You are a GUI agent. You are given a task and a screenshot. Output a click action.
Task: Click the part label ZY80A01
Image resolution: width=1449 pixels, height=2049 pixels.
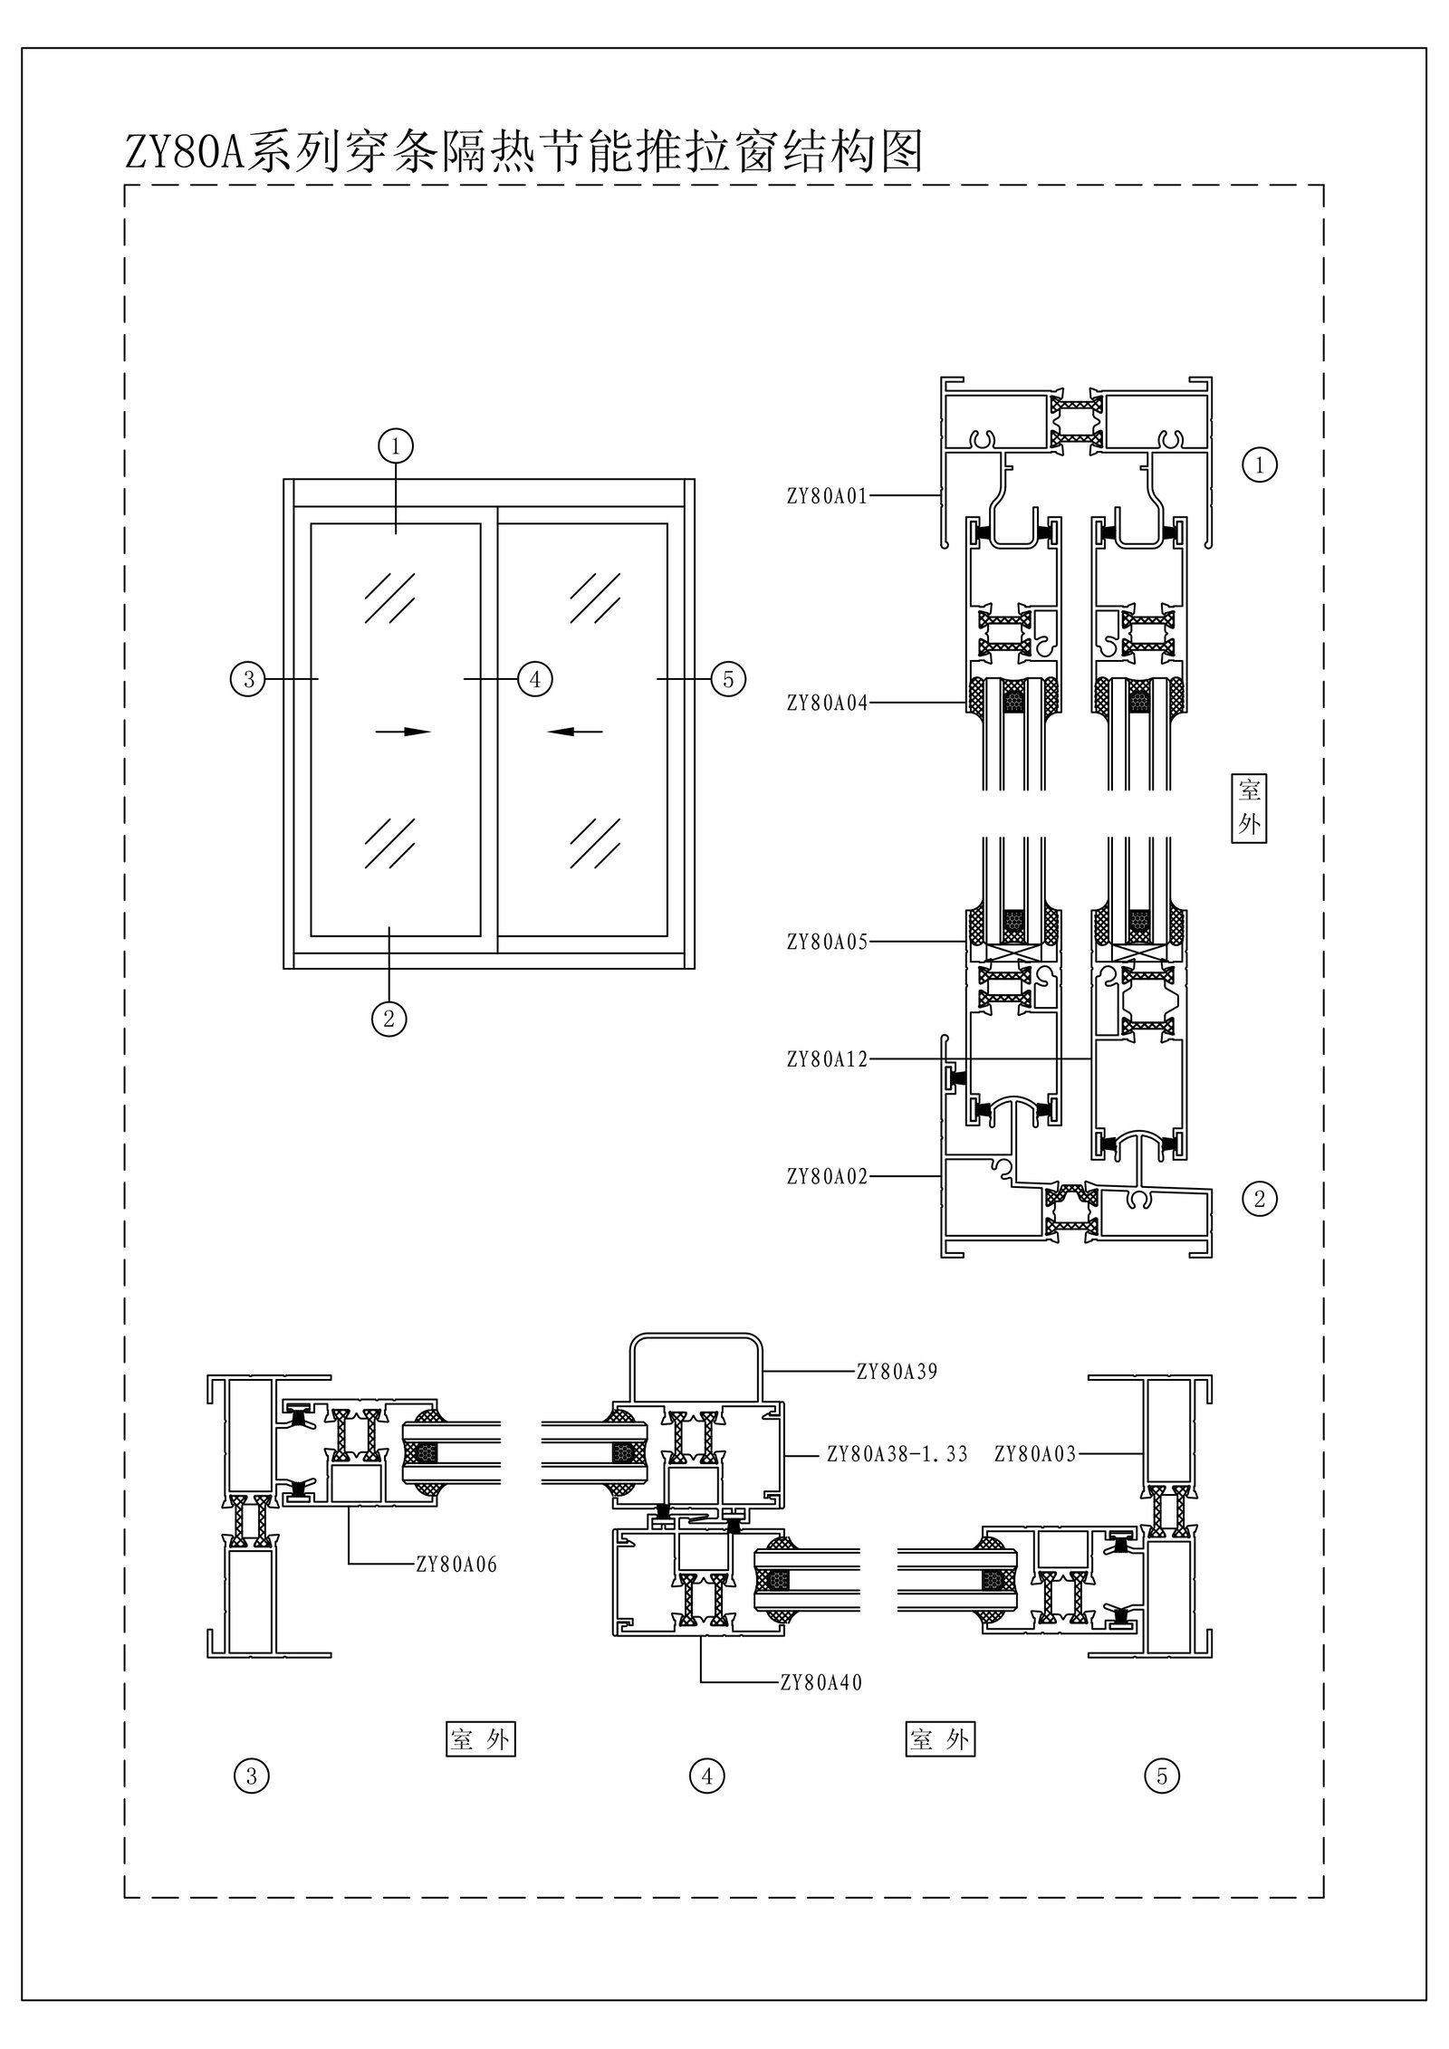coord(827,495)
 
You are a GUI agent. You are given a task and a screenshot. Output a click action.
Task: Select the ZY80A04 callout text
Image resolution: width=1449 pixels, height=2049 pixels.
coord(827,702)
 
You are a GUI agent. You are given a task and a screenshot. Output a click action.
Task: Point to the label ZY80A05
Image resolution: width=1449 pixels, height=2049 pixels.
coord(827,942)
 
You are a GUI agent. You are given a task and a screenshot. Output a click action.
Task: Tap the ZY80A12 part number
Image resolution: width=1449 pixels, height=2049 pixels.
coord(827,1058)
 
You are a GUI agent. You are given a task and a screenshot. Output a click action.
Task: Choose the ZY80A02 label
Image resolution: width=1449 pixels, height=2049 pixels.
coord(827,1176)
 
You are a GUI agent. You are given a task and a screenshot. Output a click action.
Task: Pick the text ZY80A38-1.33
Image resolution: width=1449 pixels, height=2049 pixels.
coord(897,1455)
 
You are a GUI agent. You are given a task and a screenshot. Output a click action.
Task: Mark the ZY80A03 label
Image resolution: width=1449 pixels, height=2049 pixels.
coord(1034,1455)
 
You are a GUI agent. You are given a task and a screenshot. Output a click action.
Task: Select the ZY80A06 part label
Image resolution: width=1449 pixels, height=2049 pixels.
coord(456,1565)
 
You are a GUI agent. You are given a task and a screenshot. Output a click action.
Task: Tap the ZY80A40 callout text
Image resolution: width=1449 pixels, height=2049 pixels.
coord(820,1683)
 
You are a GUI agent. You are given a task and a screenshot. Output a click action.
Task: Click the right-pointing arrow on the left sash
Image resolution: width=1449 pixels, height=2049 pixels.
coord(403,731)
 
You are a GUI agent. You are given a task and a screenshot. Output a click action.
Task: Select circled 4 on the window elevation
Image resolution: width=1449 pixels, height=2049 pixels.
coord(534,678)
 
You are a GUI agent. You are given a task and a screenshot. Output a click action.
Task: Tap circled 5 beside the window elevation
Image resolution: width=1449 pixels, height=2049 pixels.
coord(728,678)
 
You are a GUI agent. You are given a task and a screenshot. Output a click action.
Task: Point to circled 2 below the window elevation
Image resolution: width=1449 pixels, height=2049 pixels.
coord(389,1019)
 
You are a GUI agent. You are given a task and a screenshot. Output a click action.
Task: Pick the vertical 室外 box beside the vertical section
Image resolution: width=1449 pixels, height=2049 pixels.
coord(1249,808)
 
